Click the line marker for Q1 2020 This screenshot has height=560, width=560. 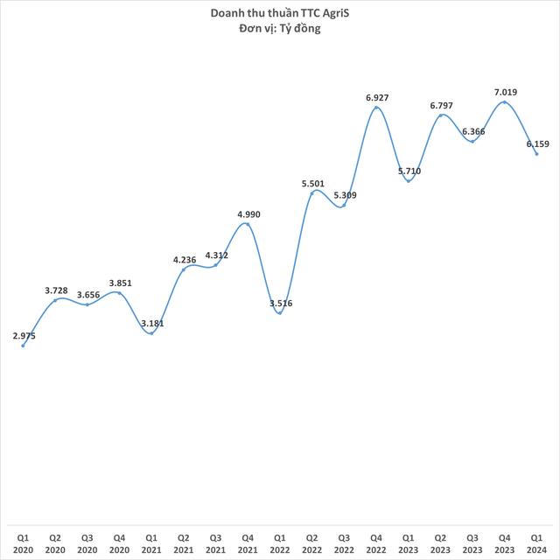click(x=23, y=346)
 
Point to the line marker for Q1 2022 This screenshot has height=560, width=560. click(x=279, y=313)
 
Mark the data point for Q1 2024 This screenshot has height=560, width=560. click(x=536, y=154)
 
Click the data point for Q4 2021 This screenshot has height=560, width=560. click(x=247, y=224)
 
